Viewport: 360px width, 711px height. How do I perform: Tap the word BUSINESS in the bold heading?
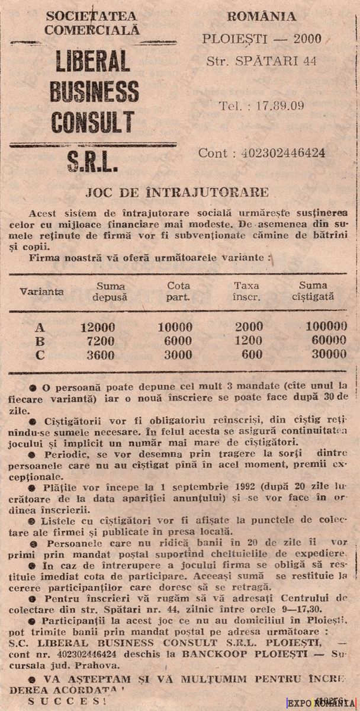click(x=94, y=91)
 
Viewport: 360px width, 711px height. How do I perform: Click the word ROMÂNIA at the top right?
click(x=261, y=17)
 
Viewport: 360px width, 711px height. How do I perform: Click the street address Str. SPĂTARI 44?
click(x=261, y=60)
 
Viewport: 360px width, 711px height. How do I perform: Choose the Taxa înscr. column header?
click(x=246, y=291)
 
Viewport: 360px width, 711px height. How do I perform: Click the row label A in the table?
click(x=40, y=326)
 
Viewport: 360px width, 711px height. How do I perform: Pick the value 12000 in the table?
click(x=98, y=327)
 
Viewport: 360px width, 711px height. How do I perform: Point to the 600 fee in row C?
click(x=252, y=354)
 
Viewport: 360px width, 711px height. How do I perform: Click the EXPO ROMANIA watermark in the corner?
click(x=322, y=703)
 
